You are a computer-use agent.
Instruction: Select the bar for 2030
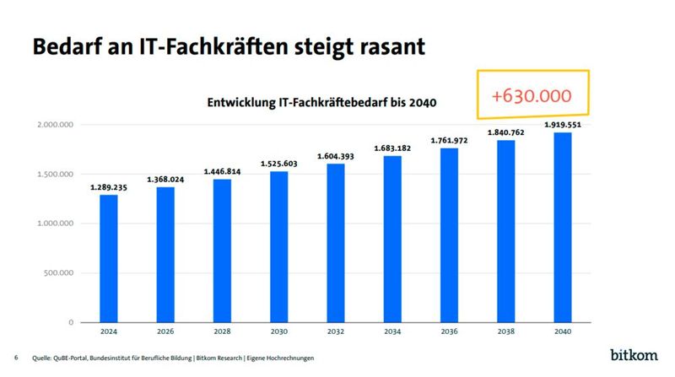pyautogui.click(x=280, y=246)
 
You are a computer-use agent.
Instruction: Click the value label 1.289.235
pyautogui.click(x=109, y=187)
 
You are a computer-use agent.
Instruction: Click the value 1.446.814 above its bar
pyautogui.click(x=223, y=171)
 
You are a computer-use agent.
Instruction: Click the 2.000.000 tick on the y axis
pyautogui.click(x=56, y=125)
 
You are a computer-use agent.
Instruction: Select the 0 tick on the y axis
pyautogui.click(x=72, y=322)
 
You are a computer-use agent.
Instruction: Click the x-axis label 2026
pyautogui.click(x=166, y=331)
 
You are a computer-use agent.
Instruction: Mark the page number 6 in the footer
pyautogui.click(x=16, y=358)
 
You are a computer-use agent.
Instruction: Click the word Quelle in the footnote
pyautogui.click(x=46, y=358)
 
